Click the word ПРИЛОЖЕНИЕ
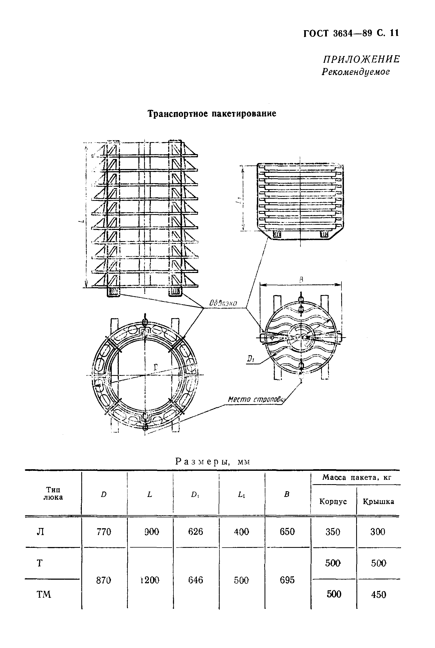pos(361,59)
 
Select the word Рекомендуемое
pos(356,72)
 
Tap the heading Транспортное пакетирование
pos(212,113)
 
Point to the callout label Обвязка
pos(223,303)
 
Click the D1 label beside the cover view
pos(250,359)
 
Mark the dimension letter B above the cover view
pos(301,280)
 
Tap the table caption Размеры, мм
pos(213,462)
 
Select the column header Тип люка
pos(53,493)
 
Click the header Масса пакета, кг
pos(356,478)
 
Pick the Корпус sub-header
pos(333,501)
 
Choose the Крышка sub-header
pos(378,501)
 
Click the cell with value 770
pos(104,532)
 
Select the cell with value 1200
pos(150,580)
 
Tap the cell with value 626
pos(195,532)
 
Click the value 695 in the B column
pos(287,580)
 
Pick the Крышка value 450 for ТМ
pos(378,595)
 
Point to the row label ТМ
pos(44,594)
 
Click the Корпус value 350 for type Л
pos(333,532)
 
